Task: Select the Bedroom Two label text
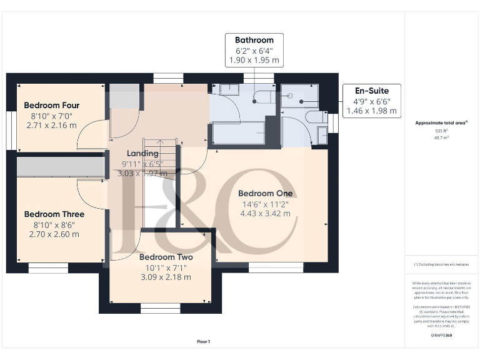coord(166,257)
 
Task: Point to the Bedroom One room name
coord(266,194)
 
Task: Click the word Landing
coord(142,154)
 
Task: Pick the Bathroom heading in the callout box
coord(254,40)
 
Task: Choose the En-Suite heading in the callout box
coord(372,91)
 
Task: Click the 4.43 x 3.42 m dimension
coord(266,214)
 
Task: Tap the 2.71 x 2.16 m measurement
coord(51,126)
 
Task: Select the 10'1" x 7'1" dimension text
coord(166,267)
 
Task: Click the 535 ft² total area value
coord(442,131)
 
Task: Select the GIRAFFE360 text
coord(442,336)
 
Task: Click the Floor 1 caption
coord(204,342)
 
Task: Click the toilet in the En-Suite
coord(314,117)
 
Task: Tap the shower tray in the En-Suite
coord(297,97)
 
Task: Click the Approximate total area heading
coord(441,123)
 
